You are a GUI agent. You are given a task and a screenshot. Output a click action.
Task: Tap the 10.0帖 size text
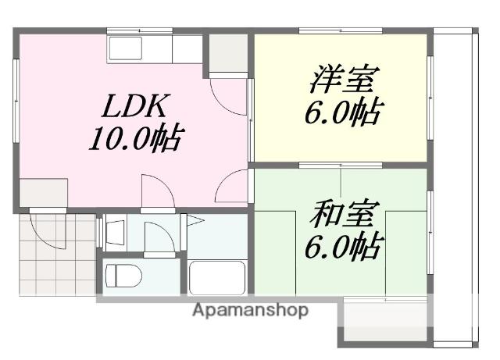(134, 140)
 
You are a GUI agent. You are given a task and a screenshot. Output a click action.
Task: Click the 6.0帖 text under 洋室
(342, 114)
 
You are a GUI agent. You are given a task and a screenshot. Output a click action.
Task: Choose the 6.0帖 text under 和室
(342, 248)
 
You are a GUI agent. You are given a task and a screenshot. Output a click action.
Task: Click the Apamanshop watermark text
(249, 310)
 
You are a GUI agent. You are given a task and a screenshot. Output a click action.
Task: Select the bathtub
(217, 277)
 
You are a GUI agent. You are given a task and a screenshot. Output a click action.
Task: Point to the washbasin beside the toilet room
(115, 232)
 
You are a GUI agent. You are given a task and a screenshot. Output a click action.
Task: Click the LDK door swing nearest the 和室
(232, 189)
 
